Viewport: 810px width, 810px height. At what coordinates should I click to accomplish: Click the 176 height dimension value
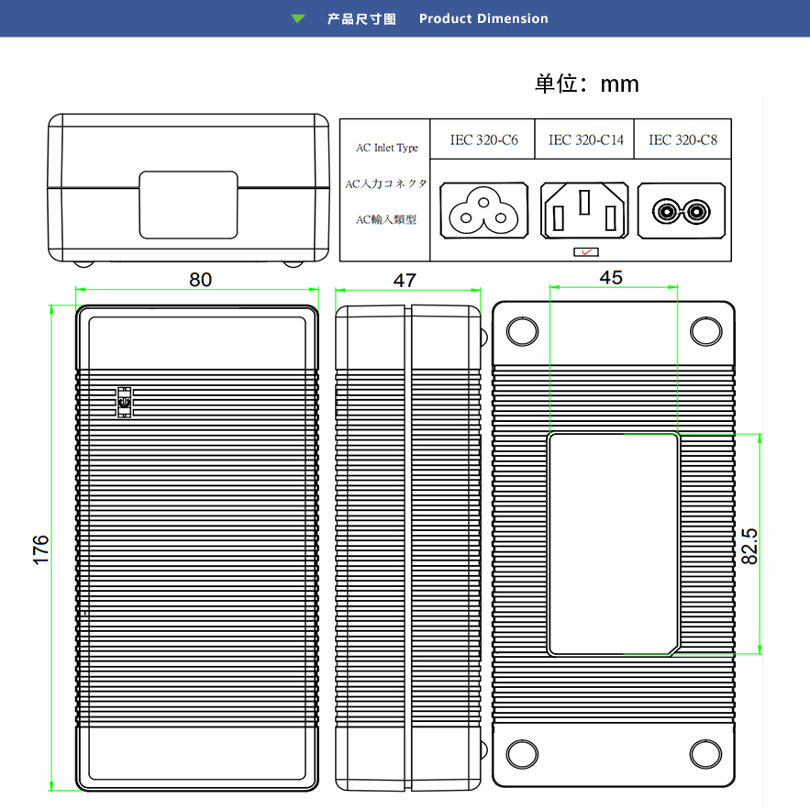(40, 549)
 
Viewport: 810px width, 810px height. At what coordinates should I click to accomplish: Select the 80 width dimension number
(200, 280)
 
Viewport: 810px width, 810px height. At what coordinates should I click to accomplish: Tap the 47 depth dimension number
(405, 281)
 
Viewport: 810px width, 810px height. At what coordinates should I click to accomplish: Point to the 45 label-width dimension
(610, 277)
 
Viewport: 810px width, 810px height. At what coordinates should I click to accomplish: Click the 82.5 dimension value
(749, 545)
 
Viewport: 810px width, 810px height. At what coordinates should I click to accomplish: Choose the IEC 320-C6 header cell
(483, 140)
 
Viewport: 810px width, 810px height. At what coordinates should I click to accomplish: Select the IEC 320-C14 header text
(585, 140)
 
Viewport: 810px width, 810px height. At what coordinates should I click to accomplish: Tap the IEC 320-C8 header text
(682, 140)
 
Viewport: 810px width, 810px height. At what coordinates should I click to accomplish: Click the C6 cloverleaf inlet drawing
(484, 209)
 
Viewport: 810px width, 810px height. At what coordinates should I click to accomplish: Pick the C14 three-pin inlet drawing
(584, 211)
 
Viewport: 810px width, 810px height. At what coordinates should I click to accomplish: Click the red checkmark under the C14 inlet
(584, 251)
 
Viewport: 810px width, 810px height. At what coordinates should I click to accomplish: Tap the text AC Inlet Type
(386, 148)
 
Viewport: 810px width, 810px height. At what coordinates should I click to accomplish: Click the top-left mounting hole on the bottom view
(522, 331)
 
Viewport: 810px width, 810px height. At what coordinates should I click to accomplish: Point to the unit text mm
(619, 84)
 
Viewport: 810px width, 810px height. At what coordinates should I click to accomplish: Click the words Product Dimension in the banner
(483, 18)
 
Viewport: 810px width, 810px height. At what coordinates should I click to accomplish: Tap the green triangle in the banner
(297, 18)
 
